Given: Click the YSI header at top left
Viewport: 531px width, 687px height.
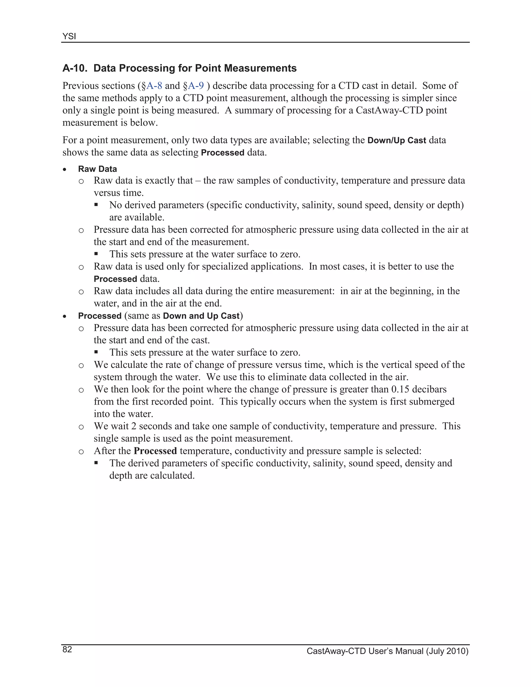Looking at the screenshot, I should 69,37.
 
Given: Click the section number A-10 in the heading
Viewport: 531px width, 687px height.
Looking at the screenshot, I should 75,68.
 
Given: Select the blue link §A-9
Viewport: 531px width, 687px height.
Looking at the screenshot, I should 193,86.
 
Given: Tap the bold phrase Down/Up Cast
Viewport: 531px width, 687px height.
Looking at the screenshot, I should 397,140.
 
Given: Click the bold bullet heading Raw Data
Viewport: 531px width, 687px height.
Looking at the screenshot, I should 97,169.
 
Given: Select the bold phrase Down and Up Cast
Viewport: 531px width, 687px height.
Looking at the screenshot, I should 201,316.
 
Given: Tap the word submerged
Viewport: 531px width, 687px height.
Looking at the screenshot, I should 435,402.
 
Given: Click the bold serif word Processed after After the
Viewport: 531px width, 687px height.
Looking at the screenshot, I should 155,451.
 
